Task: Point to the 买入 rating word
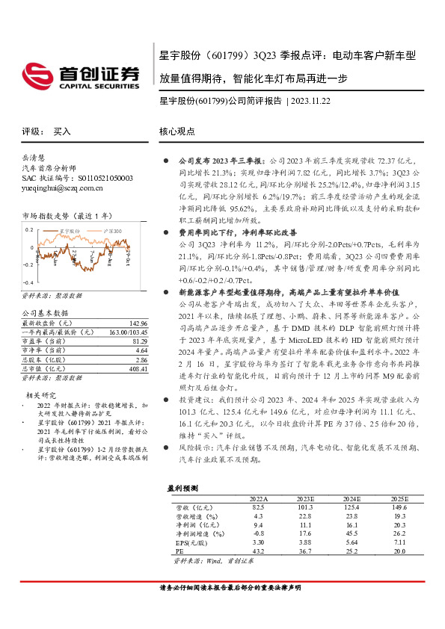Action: [x=62, y=131]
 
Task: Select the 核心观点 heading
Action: [x=177, y=131]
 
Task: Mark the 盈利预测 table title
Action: [x=182, y=487]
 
